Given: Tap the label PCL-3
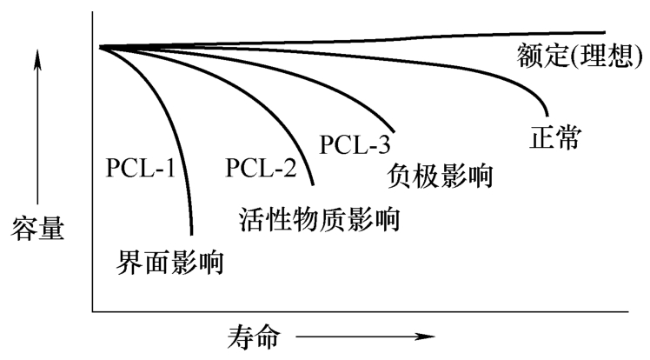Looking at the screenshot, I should (354, 143).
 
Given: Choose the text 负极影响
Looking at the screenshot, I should (438, 177).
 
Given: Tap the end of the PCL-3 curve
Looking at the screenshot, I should (395, 130).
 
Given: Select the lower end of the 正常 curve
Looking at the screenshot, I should (547, 115).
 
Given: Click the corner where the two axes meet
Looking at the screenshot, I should (93, 309).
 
